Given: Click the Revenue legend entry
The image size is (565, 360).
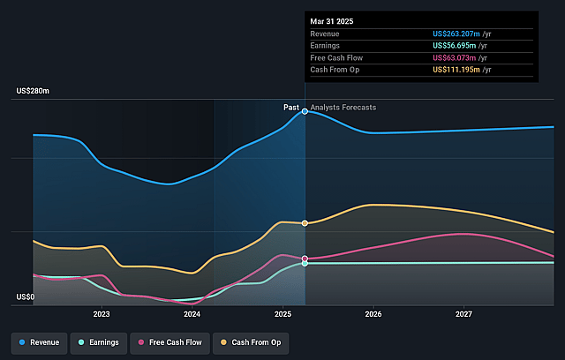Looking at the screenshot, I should (41, 341).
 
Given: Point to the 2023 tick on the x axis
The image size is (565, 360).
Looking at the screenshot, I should (102, 314).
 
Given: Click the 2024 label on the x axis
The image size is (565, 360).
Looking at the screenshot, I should (192, 314).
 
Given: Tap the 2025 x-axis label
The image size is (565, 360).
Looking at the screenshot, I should (282, 314).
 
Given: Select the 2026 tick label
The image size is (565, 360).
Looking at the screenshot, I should (373, 314).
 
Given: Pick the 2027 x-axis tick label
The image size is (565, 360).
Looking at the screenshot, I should (464, 314).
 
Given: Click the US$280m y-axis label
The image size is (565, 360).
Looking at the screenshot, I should (33, 92).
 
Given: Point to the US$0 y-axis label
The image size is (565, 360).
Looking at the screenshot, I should (25, 297).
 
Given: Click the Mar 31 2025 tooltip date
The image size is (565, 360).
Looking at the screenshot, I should (332, 20).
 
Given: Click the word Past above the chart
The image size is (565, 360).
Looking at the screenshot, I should (290, 108).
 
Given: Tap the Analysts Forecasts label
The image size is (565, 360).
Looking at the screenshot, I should (343, 108).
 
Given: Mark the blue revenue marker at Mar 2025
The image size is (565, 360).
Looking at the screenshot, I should (305, 111).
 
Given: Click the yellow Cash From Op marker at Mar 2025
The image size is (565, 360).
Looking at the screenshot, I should (305, 223).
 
